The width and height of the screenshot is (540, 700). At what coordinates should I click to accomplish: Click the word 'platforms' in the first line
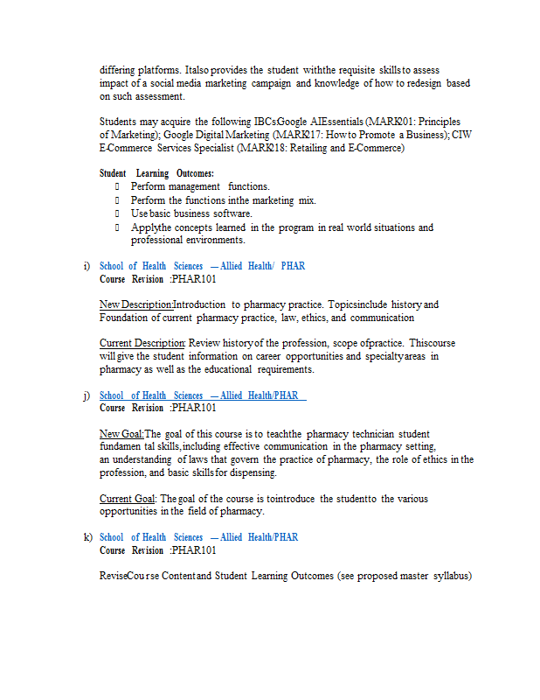click(159, 69)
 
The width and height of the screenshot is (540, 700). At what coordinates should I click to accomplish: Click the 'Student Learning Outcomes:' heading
click(156, 173)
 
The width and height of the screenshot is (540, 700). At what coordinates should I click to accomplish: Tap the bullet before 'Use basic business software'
click(116, 213)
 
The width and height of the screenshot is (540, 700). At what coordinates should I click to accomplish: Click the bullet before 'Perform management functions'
click(116, 186)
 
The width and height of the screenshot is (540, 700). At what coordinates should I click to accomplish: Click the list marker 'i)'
click(87, 266)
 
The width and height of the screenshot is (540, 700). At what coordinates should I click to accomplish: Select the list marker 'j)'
click(87, 395)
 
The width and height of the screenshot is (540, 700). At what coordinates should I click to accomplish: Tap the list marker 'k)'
click(87, 537)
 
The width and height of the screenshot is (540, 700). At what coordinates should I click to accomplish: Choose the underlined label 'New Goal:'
click(121, 434)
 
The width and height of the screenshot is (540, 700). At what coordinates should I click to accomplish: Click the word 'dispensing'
click(254, 472)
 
